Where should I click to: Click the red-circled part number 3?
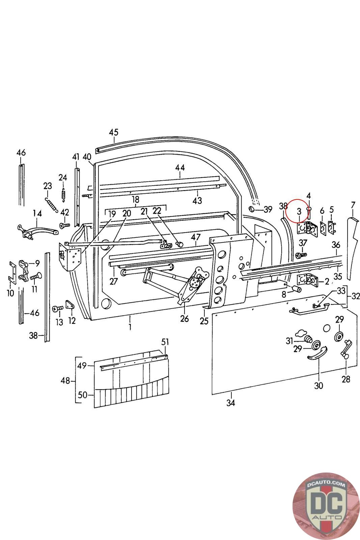coord(299,212)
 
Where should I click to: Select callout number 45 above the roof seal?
coord(114,132)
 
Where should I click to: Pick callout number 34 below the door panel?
coord(230,403)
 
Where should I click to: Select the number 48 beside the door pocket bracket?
coord(65,381)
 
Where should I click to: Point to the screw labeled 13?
coord(58,308)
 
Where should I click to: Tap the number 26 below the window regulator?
coord(184,319)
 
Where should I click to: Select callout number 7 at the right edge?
coord(353,205)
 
